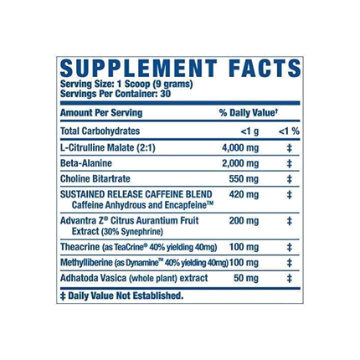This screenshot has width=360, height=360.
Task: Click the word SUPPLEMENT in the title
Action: click(x=139, y=69)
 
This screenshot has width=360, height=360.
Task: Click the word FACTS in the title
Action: click(x=265, y=69)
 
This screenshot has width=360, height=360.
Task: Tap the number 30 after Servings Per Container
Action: click(x=166, y=94)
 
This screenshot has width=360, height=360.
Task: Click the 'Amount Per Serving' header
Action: click(x=101, y=113)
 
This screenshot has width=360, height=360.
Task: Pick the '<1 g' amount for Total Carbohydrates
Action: click(x=249, y=131)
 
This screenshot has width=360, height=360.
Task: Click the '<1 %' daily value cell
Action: click(x=289, y=131)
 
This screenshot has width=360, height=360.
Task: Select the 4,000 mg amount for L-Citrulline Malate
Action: click(x=240, y=147)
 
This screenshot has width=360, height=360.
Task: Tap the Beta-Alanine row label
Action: click(x=86, y=163)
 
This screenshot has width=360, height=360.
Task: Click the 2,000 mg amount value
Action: click(x=240, y=163)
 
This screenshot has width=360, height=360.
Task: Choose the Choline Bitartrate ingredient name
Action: click(x=95, y=178)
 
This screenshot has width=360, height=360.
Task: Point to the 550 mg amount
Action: click(x=244, y=179)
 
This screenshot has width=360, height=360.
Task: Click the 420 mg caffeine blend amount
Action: click(x=244, y=194)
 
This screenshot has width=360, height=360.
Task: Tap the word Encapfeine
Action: click(x=189, y=205)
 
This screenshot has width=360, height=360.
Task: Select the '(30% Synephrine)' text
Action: click(x=132, y=232)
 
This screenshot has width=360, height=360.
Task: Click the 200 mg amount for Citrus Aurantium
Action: click(x=244, y=221)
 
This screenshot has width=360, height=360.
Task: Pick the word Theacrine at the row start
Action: click(x=80, y=247)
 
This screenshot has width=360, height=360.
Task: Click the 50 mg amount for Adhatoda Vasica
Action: click(x=246, y=278)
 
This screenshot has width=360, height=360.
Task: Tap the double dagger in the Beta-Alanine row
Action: click(x=290, y=163)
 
